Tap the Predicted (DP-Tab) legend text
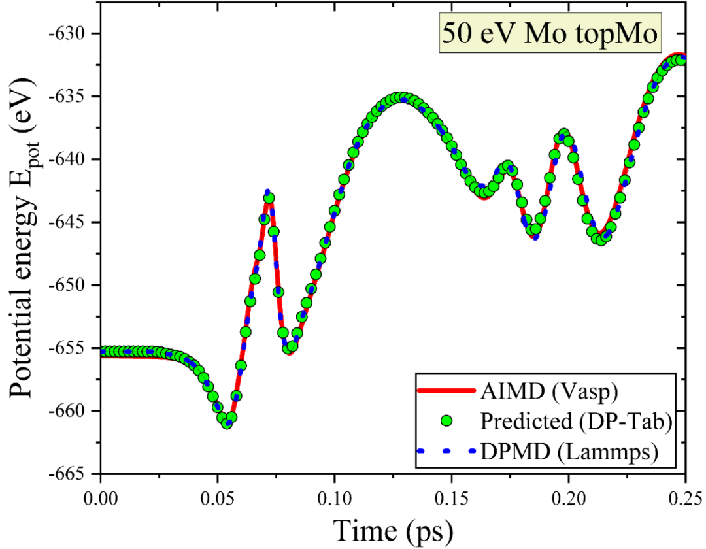[576, 422]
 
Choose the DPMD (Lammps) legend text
[567, 451]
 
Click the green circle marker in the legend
[446, 422]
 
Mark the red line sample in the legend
[446, 392]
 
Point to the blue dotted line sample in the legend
[446, 451]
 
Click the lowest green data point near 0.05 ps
[227, 424]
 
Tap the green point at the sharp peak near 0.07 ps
[269, 198]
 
